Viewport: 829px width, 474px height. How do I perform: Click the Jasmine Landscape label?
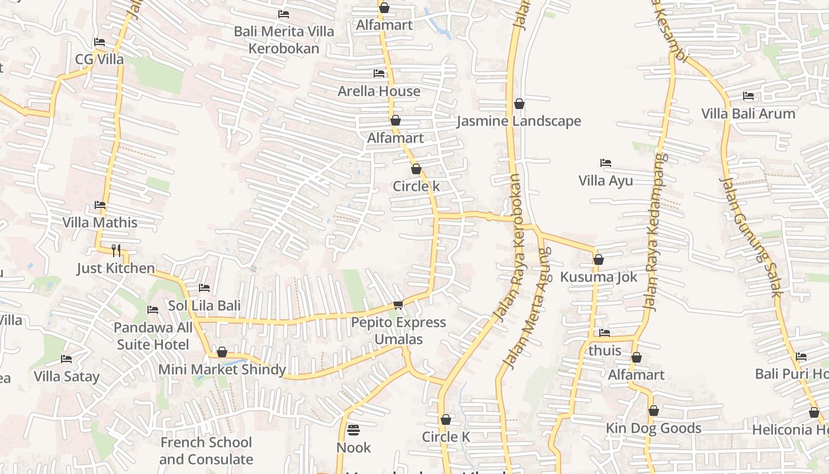[x=519, y=121]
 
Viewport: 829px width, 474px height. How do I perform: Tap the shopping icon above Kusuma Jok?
[x=598, y=260]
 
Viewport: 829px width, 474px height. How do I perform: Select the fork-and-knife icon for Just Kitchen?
[x=116, y=250]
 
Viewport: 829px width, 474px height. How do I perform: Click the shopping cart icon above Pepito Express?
[x=398, y=305]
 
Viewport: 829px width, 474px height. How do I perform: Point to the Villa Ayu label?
[x=605, y=181]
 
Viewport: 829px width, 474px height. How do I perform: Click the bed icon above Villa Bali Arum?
[x=748, y=95]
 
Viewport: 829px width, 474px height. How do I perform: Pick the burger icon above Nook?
[x=354, y=430]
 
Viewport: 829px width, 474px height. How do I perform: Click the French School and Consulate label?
[x=206, y=451]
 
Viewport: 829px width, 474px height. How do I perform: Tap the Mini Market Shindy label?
[x=222, y=370]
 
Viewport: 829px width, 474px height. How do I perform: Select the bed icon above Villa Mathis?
[x=100, y=205]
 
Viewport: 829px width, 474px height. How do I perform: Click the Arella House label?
[x=379, y=91]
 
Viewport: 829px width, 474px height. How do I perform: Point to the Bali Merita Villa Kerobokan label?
[x=284, y=40]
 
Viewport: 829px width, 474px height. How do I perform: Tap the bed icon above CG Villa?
[x=99, y=42]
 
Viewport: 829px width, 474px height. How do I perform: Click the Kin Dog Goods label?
[x=653, y=428]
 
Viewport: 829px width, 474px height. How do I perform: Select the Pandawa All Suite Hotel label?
[x=153, y=336]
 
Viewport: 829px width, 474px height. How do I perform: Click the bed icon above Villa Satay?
[x=66, y=359]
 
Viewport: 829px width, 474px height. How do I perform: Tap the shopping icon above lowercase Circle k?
[x=416, y=169]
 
